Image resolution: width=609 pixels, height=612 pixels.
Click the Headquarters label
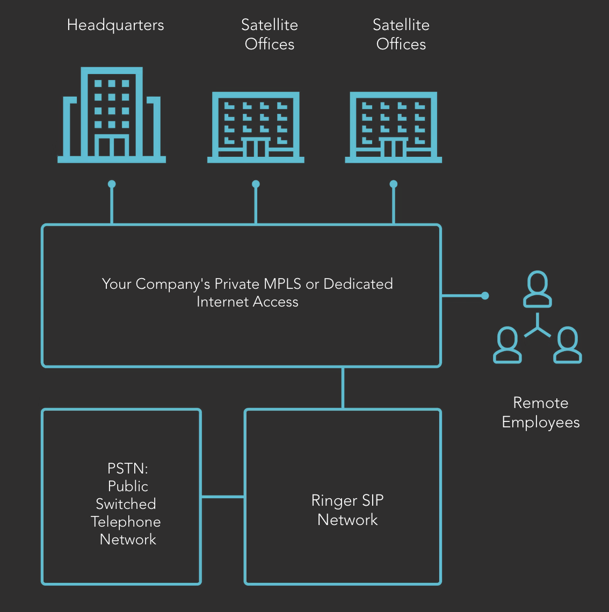coord(115,25)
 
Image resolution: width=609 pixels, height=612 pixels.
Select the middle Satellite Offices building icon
coord(256,127)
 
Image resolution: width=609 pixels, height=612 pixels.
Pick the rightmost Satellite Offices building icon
coord(393,127)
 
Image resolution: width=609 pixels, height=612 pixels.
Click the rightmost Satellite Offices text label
coord(401,34)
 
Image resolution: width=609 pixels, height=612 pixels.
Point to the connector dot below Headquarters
coord(112,184)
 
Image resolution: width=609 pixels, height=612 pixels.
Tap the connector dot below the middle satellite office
coord(256,184)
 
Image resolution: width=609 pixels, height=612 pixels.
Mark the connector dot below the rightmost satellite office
coord(394,184)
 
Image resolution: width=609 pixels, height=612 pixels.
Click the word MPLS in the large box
coord(283,283)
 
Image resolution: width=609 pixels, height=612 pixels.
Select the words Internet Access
coord(247,302)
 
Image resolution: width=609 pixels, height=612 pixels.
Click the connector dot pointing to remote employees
coord(485,295)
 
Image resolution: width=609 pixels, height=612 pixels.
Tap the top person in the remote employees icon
coord(538,289)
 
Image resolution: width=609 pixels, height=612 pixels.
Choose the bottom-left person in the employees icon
coord(508,345)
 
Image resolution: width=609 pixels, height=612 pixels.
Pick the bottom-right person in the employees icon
coord(568,345)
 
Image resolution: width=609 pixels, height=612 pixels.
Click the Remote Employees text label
coord(540,412)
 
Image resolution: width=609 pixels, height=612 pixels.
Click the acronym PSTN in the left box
coord(127,468)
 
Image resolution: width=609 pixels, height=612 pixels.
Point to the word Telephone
coord(126,522)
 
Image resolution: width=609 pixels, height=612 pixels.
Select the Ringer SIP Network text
coord(347,510)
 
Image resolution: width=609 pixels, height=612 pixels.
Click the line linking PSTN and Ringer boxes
coord(223,497)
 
